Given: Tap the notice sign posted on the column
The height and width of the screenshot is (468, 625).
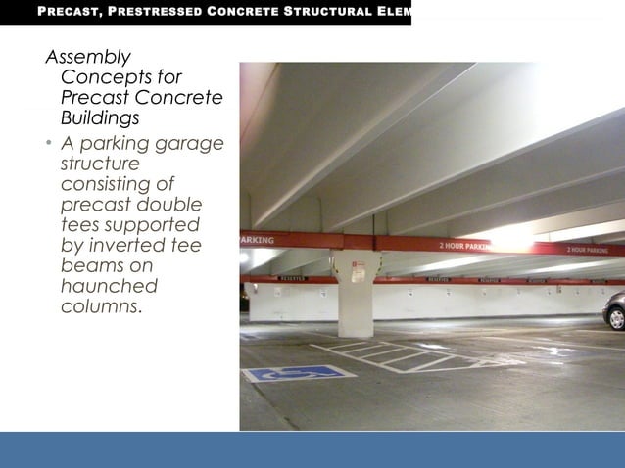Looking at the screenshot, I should [x=358, y=272].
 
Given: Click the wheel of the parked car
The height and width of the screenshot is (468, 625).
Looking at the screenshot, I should [x=617, y=317].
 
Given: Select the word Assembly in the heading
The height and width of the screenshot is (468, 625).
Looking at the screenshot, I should [x=88, y=57].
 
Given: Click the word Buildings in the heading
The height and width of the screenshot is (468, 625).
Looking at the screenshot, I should [x=100, y=117].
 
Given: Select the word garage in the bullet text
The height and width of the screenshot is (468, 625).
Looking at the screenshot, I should [x=191, y=144].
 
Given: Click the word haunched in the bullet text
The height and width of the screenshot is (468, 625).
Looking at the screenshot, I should [x=109, y=286].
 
